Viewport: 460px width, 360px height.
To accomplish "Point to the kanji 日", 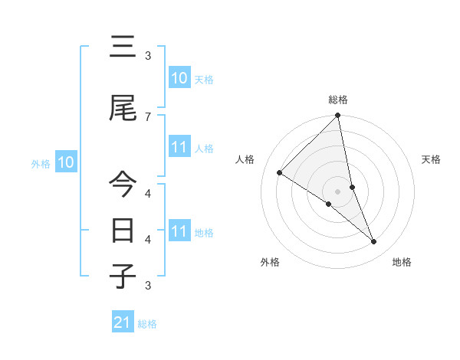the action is click(x=123, y=230).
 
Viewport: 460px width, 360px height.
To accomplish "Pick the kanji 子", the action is click(x=123, y=276).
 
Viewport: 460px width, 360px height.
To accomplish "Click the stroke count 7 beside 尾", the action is click(x=147, y=116).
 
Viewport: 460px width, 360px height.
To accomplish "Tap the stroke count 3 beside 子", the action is click(x=147, y=286).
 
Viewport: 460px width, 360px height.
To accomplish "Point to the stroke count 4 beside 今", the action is click(x=147, y=192).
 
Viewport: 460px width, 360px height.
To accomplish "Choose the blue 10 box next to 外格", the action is click(x=66, y=162).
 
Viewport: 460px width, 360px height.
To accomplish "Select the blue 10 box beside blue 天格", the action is click(x=179, y=78).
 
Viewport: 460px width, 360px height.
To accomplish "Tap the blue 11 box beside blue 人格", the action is click(x=179, y=147).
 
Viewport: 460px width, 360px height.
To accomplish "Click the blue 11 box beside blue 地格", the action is click(x=179, y=231).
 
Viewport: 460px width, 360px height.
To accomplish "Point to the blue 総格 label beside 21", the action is click(x=147, y=324).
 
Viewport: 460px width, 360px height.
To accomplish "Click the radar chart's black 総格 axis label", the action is click(x=338, y=100).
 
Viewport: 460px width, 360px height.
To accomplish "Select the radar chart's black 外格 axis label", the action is click(x=269, y=262).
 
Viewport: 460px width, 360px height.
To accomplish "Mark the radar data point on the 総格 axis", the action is click(x=338, y=116).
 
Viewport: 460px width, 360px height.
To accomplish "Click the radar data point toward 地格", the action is click(x=374, y=242).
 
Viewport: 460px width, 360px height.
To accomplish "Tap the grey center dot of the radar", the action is click(x=338, y=191).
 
